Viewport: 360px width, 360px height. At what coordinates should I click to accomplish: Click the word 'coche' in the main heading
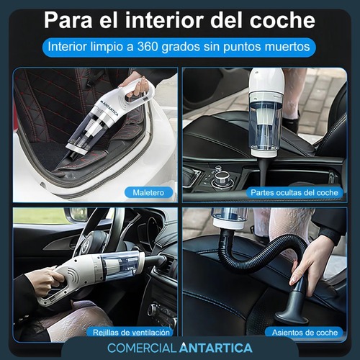point(282,20)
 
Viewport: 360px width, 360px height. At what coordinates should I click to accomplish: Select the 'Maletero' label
point(148,192)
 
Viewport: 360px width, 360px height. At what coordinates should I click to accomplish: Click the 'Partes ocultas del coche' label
point(294,192)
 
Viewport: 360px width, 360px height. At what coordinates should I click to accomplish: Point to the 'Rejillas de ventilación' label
point(131,333)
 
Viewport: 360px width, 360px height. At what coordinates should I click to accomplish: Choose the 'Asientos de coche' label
point(305,333)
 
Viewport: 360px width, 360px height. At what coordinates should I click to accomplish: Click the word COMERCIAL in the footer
point(142,348)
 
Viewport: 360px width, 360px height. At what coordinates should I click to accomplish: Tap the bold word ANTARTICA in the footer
point(216,348)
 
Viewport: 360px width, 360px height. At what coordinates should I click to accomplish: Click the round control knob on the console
point(220,177)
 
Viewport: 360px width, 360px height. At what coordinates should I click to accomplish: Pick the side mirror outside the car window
point(78,215)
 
